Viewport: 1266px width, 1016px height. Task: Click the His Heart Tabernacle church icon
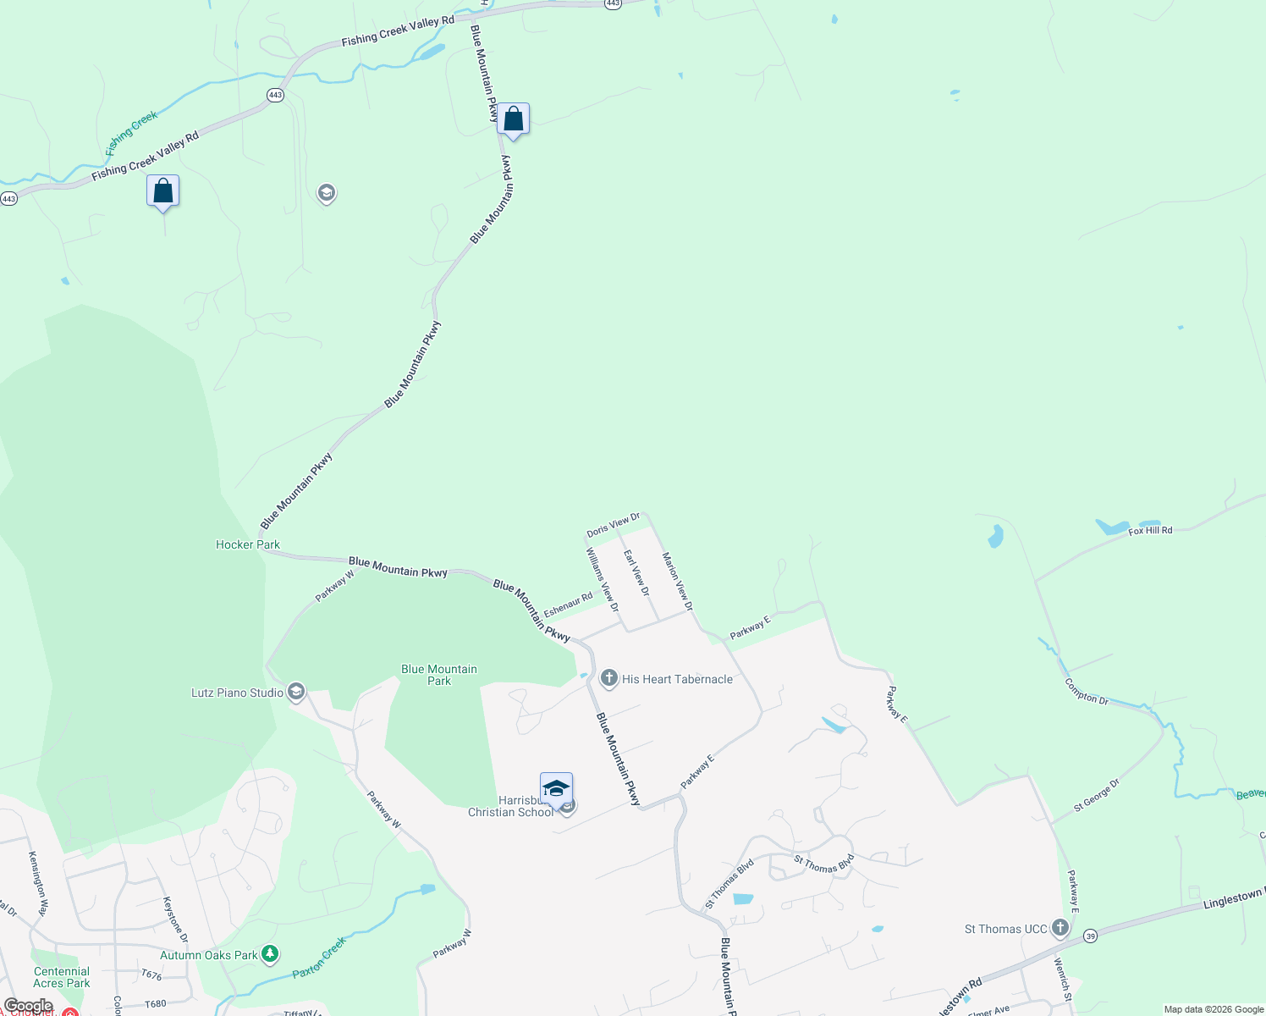pyautogui.click(x=608, y=679)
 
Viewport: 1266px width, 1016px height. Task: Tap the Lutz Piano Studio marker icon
pyautogui.click(x=295, y=693)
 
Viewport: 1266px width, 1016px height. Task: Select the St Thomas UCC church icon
pyautogui.click(x=1060, y=929)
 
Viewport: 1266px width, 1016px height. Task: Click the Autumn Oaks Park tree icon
pyautogui.click(x=270, y=955)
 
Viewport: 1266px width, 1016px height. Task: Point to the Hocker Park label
pyautogui.click(x=247, y=544)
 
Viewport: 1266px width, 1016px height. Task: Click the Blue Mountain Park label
pyautogui.click(x=439, y=675)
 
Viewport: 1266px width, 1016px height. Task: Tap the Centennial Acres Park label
pyautogui.click(x=62, y=977)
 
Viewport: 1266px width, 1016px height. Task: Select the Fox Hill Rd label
pyautogui.click(x=1150, y=531)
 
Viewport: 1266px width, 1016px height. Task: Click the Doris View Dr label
pyautogui.click(x=614, y=525)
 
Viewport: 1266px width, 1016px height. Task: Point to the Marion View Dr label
pyautogui.click(x=677, y=582)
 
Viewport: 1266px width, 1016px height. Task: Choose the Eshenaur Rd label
pyautogui.click(x=568, y=605)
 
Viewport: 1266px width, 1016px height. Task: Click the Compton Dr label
pyautogui.click(x=1087, y=692)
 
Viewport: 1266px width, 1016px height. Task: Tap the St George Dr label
pyautogui.click(x=1096, y=796)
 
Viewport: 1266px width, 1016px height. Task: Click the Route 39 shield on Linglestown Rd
pyautogui.click(x=1090, y=936)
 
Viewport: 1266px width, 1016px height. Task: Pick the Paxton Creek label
pyautogui.click(x=319, y=958)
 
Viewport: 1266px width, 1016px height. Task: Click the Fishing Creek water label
pyautogui.click(x=131, y=134)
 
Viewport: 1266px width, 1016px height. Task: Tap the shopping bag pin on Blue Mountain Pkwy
pyautogui.click(x=513, y=119)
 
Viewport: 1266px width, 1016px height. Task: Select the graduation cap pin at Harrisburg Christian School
pyautogui.click(x=556, y=789)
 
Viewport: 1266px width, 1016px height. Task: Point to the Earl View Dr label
pyautogui.click(x=636, y=572)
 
